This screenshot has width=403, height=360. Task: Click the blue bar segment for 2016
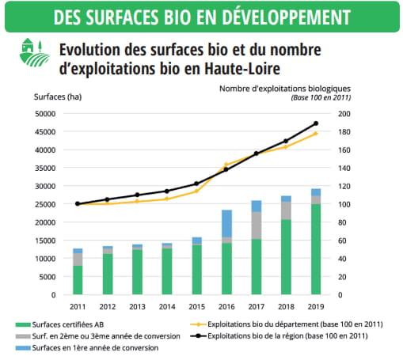coord(226,224)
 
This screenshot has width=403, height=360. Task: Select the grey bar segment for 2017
coord(257,225)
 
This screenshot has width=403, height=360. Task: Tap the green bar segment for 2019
coord(316,249)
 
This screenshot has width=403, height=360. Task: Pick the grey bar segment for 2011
coord(78,260)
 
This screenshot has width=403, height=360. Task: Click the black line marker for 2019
coord(316,123)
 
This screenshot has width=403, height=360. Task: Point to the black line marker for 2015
coord(196,184)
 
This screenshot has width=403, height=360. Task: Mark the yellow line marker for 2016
coord(226,165)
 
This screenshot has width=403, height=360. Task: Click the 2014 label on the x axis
coord(167,307)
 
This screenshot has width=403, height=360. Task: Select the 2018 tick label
coord(286,307)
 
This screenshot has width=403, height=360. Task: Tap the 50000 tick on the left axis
coord(45,114)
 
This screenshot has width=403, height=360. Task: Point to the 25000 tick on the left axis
coord(45,204)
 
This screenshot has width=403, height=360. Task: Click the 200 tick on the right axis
coord(344,114)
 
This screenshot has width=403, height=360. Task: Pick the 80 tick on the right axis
coord(342,222)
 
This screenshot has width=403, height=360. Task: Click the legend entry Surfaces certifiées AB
coord(60,324)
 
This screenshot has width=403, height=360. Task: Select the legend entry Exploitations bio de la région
coord(279,336)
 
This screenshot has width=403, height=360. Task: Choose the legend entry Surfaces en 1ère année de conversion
coord(87,348)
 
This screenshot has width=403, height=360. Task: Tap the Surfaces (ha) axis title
coord(58,97)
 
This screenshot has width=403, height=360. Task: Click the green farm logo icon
coord(34,52)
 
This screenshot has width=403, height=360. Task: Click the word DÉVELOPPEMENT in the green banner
coord(286,17)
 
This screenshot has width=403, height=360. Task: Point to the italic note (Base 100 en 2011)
coord(321,97)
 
